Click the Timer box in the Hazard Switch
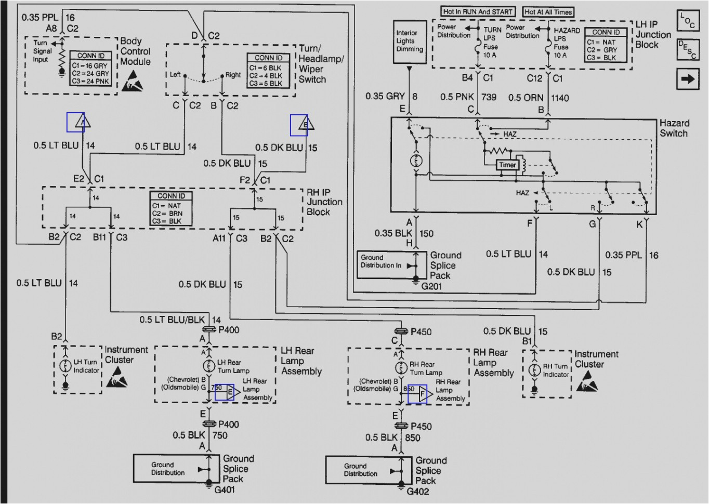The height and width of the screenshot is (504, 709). tap(507, 165)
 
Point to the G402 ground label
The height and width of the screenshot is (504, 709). tap(417, 491)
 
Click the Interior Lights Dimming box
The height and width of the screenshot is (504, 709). tap(410, 41)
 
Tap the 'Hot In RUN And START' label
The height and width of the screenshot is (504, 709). tap(478, 11)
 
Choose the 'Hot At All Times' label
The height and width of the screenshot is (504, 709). tap(548, 11)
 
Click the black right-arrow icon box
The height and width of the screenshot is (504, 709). tap(687, 79)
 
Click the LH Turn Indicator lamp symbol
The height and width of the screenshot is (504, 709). tap(65, 366)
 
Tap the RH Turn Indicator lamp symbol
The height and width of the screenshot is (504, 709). tap(534, 370)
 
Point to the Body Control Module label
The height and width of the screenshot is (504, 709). tap(135, 51)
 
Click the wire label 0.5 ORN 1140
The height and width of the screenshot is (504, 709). tap(539, 97)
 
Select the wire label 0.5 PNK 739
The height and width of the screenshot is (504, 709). tap(468, 97)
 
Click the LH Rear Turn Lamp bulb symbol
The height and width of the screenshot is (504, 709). tap(209, 365)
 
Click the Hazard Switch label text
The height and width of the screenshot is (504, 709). tap(674, 128)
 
